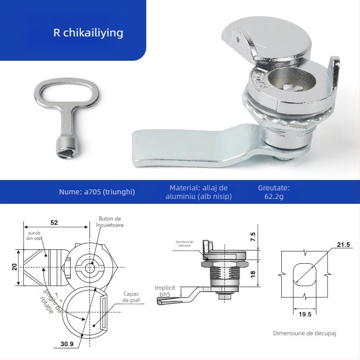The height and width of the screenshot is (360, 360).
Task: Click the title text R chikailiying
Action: click(x=88, y=33)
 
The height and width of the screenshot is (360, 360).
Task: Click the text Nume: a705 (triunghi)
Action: click(x=97, y=192)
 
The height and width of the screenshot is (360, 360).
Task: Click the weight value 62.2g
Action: click(x=274, y=196)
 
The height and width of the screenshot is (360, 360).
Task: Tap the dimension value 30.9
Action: click(x=67, y=344)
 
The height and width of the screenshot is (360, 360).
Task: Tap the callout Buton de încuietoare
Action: click(x=110, y=221)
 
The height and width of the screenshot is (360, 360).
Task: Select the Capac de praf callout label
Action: click(x=131, y=297)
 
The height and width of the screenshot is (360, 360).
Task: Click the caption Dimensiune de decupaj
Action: click(x=305, y=333)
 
